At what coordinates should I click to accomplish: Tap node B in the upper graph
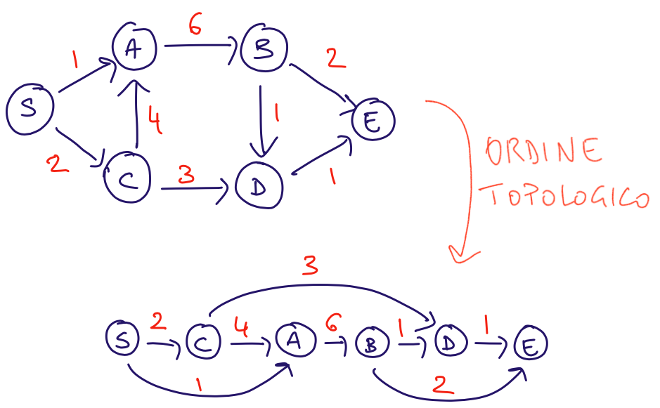264,51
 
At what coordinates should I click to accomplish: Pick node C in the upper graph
127,180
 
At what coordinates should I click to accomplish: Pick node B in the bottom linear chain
372,343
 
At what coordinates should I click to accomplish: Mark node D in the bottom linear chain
452,342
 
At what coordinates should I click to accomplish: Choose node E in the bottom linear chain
530,345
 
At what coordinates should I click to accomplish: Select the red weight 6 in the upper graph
196,27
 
